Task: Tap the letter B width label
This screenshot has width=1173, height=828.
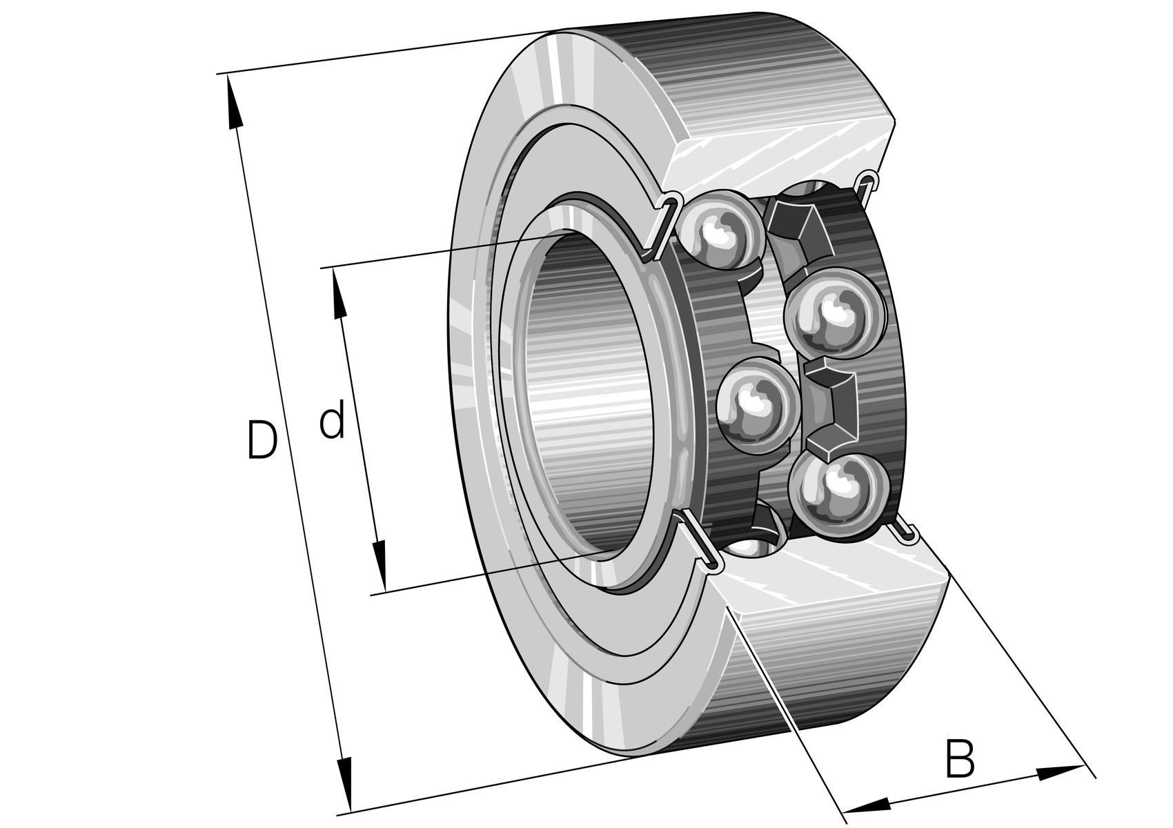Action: coord(960,758)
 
